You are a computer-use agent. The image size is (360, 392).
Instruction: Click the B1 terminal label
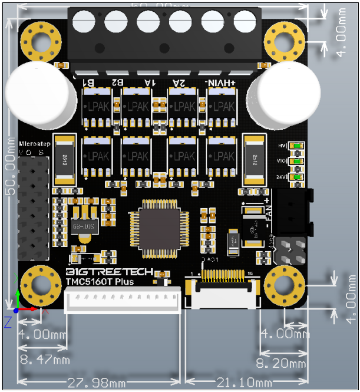click(x=87, y=83)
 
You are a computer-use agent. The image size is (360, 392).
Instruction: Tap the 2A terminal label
click(x=179, y=83)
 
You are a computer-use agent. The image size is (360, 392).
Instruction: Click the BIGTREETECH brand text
click(x=108, y=272)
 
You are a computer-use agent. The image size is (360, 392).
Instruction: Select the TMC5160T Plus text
click(x=99, y=282)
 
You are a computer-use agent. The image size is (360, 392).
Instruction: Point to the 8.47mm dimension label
click(x=44, y=359)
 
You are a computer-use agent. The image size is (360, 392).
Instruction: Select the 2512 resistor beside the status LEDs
click(x=255, y=157)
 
